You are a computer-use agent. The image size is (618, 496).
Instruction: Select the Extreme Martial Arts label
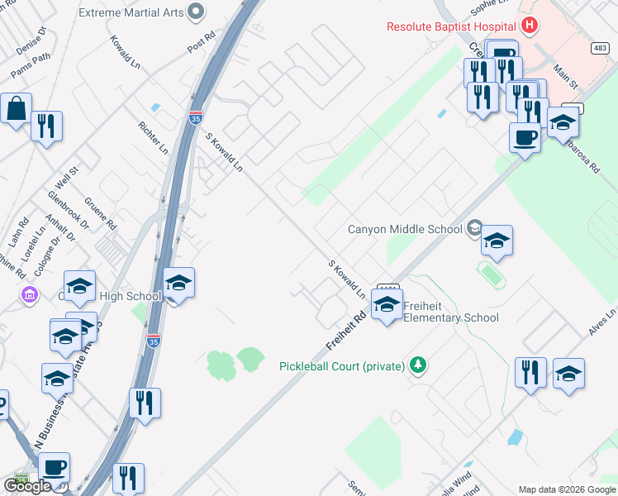[x=131, y=12]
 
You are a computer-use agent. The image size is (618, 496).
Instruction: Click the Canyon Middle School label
[x=405, y=229]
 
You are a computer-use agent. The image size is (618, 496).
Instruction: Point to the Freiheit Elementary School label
[x=451, y=312]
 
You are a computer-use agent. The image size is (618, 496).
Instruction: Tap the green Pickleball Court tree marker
[x=419, y=365]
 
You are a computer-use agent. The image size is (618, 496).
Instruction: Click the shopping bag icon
[x=16, y=108]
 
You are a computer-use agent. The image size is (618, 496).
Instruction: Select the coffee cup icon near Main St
[x=525, y=136]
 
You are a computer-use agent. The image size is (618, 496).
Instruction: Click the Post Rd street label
[x=201, y=44]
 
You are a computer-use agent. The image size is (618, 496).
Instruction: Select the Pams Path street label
[x=31, y=63]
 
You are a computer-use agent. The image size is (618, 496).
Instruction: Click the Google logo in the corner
[x=26, y=486]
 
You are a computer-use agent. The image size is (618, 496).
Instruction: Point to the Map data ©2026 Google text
[x=567, y=489]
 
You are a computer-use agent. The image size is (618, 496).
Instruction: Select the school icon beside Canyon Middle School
[x=497, y=241]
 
